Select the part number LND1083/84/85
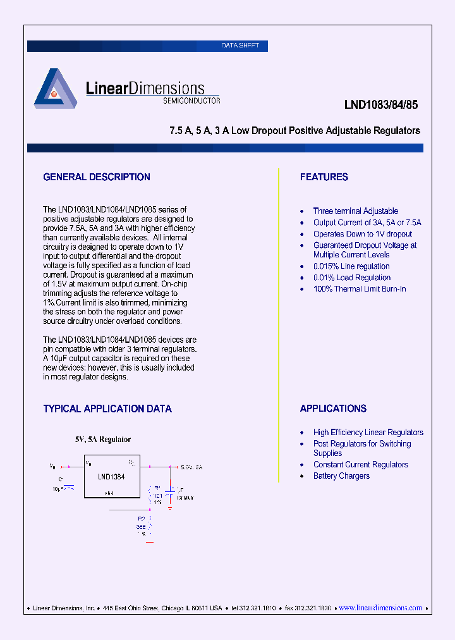point(381,106)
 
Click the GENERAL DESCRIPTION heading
point(97,177)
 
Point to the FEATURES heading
point(324,177)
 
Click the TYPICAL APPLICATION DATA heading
point(107,409)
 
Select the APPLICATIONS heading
point(333,409)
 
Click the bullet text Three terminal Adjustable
point(356,211)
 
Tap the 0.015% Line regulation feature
point(351,266)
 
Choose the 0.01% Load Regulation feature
point(352,278)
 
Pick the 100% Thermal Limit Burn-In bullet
point(360,289)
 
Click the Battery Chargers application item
point(341,476)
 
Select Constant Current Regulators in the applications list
point(360,465)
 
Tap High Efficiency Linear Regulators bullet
point(368,433)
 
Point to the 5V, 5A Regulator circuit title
point(103,439)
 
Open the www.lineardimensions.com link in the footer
point(380,608)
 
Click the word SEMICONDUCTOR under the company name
point(191,101)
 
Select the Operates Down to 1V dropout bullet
point(363,234)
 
